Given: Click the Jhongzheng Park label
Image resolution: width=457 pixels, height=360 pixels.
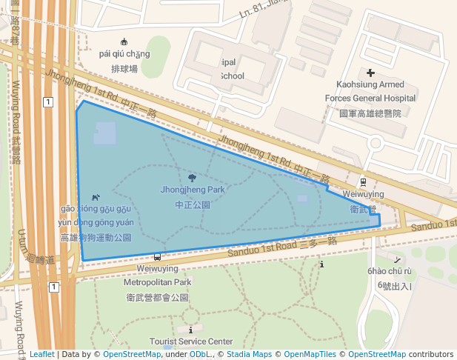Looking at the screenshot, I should pyautogui.click(x=192, y=190).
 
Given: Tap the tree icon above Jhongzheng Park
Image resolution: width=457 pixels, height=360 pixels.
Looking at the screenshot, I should pyautogui.click(x=193, y=178).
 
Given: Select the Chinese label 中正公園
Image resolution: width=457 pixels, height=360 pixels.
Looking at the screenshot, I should pyautogui.click(x=193, y=204).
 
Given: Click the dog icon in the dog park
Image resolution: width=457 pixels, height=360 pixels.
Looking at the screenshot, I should pyautogui.click(x=96, y=197).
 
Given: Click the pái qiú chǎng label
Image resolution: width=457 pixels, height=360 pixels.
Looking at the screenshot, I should pyautogui.click(x=124, y=54).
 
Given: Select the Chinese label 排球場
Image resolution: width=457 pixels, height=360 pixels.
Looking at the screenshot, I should pyautogui.click(x=124, y=69).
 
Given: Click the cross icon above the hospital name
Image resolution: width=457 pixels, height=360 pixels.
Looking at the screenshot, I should pyautogui.click(x=370, y=73).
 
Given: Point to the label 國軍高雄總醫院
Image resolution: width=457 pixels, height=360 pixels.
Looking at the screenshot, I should pyautogui.click(x=370, y=113).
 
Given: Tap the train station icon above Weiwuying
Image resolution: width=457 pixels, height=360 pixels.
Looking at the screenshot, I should pyautogui.click(x=362, y=181).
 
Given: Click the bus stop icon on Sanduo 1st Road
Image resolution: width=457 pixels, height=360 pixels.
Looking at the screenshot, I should pyautogui.click(x=157, y=257).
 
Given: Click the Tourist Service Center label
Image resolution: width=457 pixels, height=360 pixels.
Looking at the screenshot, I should pyautogui.click(x=190, y=341).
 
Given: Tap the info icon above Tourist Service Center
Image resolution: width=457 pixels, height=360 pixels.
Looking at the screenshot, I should pyautogui.click(x=191, y=329).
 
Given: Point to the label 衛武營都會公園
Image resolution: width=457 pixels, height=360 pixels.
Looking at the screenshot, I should pyautogui.click(x=158, y=297).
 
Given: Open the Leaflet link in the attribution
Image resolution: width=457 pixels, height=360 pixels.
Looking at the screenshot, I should pyautogui.click(x=41, y=355).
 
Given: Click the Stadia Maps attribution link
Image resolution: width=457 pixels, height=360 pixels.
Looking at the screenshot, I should pyautogui.click(x=249, y=355).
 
